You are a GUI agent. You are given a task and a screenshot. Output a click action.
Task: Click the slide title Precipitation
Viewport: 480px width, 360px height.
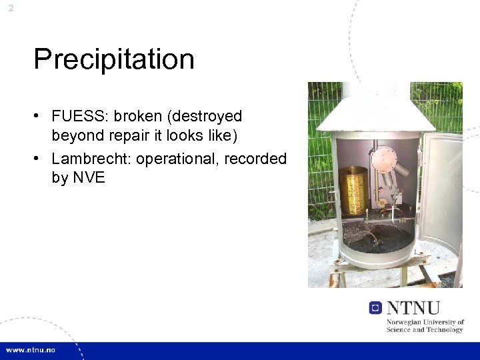point(114,59)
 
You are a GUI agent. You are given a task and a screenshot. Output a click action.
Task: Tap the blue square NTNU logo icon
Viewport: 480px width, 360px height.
point(375,307)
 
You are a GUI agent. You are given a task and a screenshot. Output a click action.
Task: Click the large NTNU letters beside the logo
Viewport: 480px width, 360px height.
point(413,307)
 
